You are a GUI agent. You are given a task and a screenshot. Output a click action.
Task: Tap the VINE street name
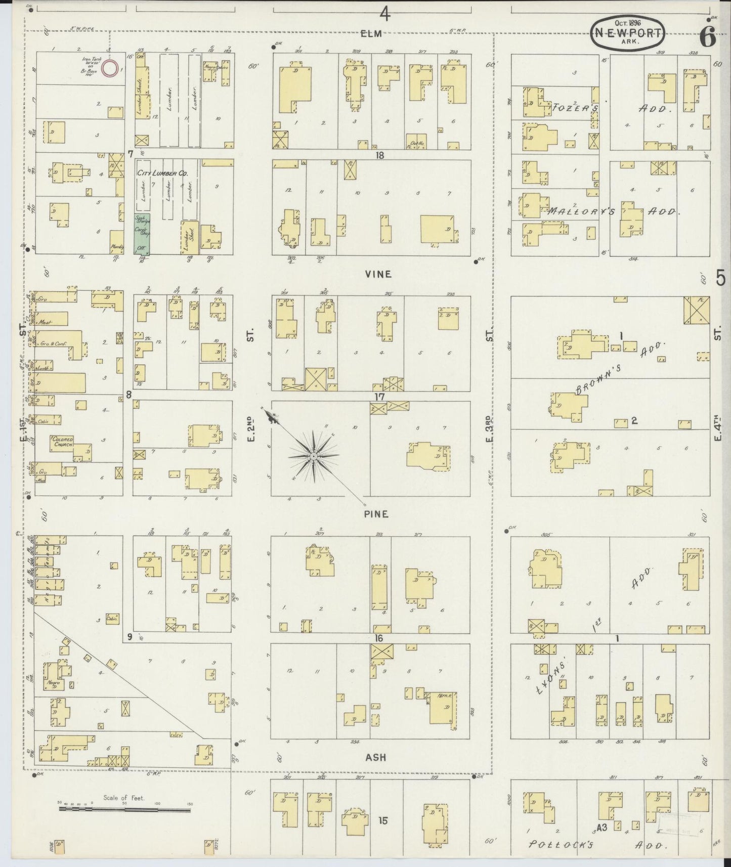pos(378,274)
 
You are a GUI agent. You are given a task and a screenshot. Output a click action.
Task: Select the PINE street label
pos(375,514)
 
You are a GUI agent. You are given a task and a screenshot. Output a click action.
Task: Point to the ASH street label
pos(375,757)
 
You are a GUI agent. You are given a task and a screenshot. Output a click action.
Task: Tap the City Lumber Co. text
pos(162,174)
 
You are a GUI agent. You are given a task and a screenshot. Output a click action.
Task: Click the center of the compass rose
pos(314,456)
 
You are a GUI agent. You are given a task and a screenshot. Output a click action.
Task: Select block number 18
pos(379,156)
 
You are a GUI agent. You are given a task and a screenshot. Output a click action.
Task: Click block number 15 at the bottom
pos(383,821)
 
